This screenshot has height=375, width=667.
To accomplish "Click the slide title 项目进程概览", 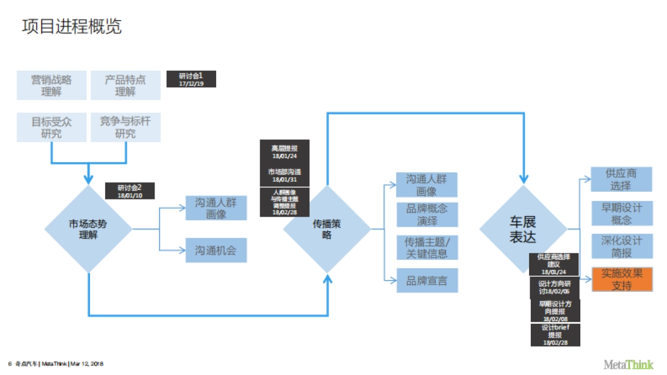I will [x=72, y=26].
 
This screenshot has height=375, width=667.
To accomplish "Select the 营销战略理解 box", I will [x=52, y=85].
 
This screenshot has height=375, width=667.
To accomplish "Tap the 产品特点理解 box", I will [x=126, y=85].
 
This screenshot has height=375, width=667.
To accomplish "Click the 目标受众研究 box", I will [x=52, y=127].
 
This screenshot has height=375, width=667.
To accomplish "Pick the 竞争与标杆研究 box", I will [x=126, y=127].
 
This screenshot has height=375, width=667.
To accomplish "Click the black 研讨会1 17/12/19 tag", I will [x=191, y=79].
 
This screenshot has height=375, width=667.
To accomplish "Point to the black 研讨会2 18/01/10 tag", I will [x=130, y=191].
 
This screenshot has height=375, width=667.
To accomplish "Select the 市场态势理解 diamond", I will [x=88, y=228].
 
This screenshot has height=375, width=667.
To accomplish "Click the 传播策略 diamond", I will [x=327, y=228].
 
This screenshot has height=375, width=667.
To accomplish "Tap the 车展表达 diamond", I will [x=523, y=228].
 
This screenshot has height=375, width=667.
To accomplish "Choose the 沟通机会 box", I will [x=216, y=250].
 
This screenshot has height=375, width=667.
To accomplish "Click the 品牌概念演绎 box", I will [x=427, y=214].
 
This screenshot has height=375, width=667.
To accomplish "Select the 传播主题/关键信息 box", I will [x=427, y=247].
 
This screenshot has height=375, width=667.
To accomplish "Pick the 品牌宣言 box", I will [x=427, y=281].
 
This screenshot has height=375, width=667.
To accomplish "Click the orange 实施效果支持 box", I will [x=622, y=279].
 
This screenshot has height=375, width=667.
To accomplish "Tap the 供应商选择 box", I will [x=622, y=179].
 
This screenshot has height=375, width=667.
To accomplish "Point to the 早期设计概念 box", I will [x=622, y=213].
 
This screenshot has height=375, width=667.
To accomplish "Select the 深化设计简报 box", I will [x=622, y=246].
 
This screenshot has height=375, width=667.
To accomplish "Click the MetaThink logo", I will [x=629, y=364].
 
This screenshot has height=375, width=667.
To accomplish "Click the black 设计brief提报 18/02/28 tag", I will [x=555, y=335].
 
